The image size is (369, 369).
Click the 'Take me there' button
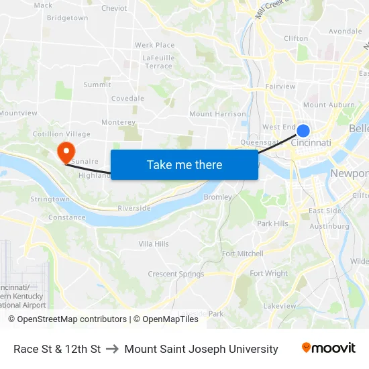pyautogui.click(x=184, y=164)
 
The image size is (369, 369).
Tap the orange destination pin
pyautogui.click(x=66, y=151)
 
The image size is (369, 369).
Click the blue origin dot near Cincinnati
pyautogui.click(x=303, y=131)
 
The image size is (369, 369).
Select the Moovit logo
pyautogui.click(x=329, y=348)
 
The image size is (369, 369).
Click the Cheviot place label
pyautogui.click(x=114, y=9)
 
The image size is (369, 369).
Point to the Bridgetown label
pyautogui.click(x=68, y=18)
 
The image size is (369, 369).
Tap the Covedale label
pyautogui.click(x=127, y=98)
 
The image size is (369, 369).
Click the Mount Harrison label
pyautogui.click(x=217, y=114)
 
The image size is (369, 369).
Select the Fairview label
pyautogui.click(x=280, y=87)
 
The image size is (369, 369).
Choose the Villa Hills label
pyautogui.click(x=154, y=244)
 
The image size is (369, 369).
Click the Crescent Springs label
pyautogui.click(x=176, y=274)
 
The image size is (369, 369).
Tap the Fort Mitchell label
pyautogui.click(x=243, y=254)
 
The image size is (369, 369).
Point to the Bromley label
pyautogui.click(x=217, y=197)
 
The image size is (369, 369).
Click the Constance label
pyautogui.click(x=67, y=217)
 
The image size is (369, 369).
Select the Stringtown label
pyautogui.click(x=50, y=199)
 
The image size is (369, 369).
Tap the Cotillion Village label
pyautogui.click(x=62, y=134)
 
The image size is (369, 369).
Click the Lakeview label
pyautogui.click(x=280, y=306)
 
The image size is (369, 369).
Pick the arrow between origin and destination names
pyautogui.click(x=112, y=349)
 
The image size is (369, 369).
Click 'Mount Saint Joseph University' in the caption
pyautogui.click(x=201, y=349)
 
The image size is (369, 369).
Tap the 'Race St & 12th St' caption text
pyautogui.click(x=57, y=349)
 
